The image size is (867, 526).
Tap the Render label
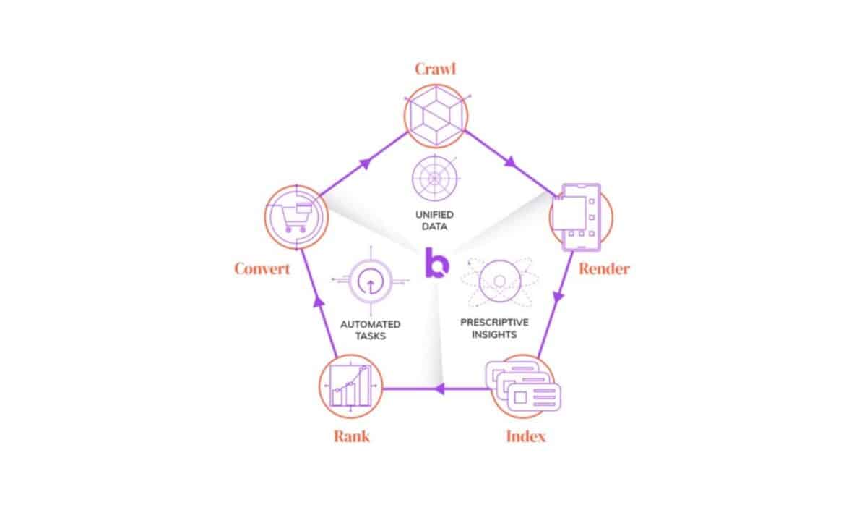[x=604, y=268]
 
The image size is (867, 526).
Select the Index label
[x=525, y=436]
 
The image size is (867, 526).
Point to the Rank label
[x=353, y=436]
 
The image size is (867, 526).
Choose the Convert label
[x=262, y=268]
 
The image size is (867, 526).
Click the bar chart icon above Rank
[x=350, y=388]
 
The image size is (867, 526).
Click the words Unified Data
[x=435, y=221]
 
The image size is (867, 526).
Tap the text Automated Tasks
[x=370, y=330]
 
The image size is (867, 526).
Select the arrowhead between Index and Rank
[x=437, y=390]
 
